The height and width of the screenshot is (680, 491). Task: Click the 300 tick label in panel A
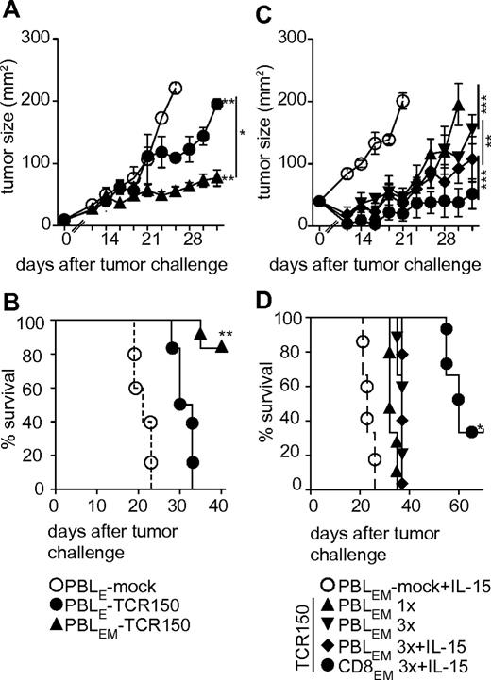pyautogui.click(x=36, y=38)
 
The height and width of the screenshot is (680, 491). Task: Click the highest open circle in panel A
pyautogui.click(x=175, y=88)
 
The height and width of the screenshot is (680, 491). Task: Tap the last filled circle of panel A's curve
pyautogui.click(x=216, y=104)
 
